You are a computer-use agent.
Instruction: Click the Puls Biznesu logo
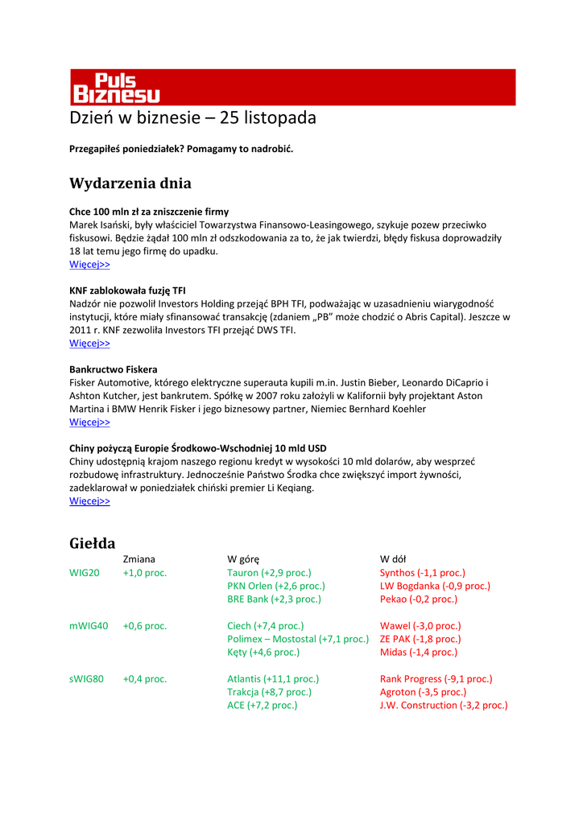tap(116, 88)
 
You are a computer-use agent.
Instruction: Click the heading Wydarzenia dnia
tap(130, 183)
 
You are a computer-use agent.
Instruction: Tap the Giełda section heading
tap(93, 543)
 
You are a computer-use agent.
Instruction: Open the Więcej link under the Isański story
tap(89, 265)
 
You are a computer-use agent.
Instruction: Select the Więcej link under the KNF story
tap(89, 344)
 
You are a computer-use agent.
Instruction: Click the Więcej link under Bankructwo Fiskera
tap(89, 422)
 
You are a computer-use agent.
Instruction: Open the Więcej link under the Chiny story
tap(89, 501)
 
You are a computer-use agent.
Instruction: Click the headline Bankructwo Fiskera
tap(114, 369)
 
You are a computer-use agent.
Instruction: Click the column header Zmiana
tap(139, 559)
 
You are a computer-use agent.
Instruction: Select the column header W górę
tap(243, 559)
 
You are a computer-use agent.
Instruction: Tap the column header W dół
tap(394, 559)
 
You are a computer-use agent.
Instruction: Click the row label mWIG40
tap(89, 626)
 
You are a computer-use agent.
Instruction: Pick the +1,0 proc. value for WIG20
tap(145, 573)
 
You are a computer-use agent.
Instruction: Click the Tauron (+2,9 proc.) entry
tap(269, 573)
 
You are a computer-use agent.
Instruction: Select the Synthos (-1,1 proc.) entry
tap(423, 573)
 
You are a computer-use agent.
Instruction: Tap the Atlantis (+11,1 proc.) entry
tap(273, 679)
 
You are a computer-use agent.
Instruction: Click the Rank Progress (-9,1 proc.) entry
tap(436, 679)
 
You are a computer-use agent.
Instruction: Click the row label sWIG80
tap(87, 679)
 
